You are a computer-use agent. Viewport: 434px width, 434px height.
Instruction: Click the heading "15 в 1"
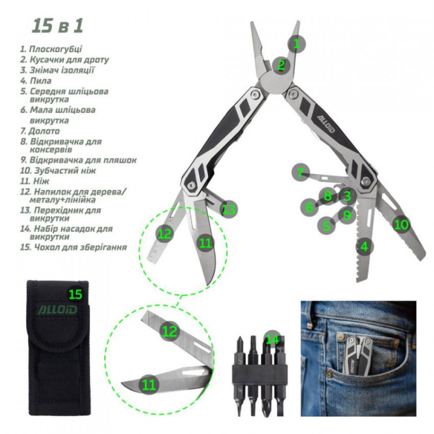pos(58,25)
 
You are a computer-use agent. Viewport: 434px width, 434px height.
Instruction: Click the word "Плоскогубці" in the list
pos(55,49)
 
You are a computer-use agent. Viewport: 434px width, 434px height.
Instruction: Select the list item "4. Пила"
pos(36,80)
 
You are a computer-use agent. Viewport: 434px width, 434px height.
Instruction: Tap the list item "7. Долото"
pos(40,131)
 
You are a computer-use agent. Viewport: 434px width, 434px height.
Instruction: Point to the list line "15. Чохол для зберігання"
pos(73,247)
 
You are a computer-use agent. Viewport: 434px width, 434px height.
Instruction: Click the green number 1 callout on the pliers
pos(296,44)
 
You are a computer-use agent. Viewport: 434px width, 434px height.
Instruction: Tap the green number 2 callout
pos(281,65)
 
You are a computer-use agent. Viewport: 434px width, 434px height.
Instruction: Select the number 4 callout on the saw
pos(365,246)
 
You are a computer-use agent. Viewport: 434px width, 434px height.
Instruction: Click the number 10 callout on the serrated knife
pos(401,225)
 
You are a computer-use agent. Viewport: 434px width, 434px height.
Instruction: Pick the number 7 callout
pos(301,173)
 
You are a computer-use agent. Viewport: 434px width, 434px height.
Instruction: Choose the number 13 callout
pos(228,209)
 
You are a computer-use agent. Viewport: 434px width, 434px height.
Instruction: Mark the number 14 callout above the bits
pos(272,340)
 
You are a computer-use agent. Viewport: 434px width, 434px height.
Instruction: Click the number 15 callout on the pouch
pos(75,294)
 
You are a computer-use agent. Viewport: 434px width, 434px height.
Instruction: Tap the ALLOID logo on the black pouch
pos(57,310)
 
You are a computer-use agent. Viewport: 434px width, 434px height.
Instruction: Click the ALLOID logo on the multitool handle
pos(326,124)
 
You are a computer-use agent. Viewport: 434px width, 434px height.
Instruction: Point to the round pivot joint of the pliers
pos(276,82)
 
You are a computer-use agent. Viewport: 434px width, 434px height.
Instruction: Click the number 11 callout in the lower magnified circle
pos(149,385)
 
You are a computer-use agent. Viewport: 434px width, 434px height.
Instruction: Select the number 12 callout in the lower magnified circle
pos(169,331)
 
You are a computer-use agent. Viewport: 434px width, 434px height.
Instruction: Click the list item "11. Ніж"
pos(35,181)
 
